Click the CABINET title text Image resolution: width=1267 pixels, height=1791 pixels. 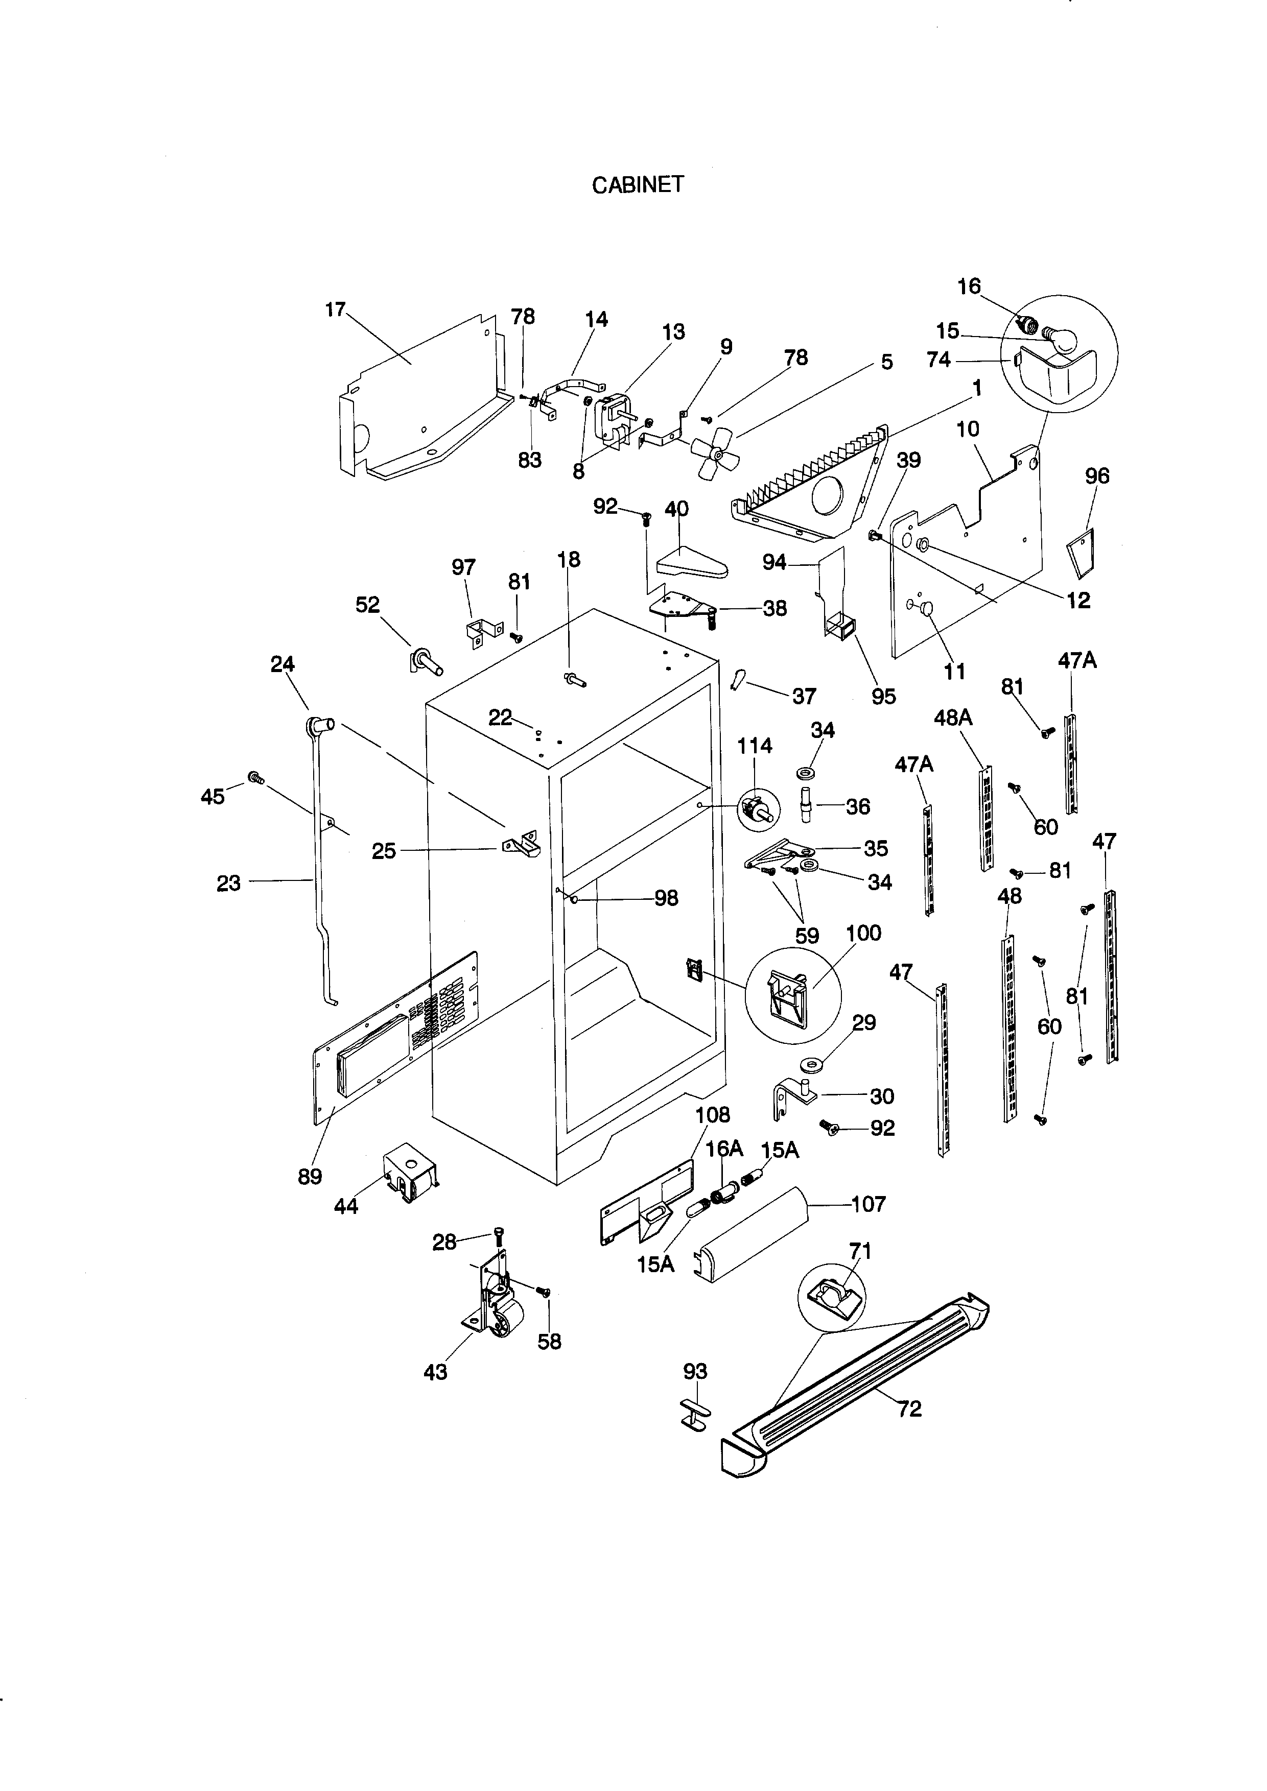[638, 185]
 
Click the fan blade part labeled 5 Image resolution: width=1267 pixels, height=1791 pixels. [713, 452]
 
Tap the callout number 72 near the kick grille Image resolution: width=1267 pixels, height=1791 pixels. [910, 1408]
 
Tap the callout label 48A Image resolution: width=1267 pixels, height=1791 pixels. [953, 717]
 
